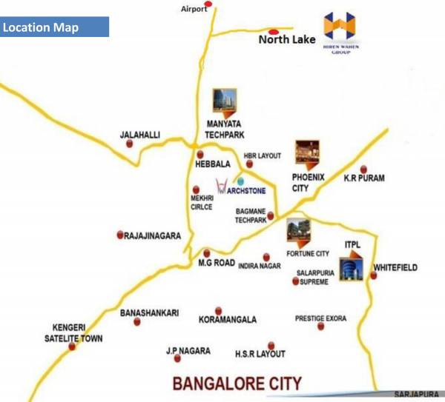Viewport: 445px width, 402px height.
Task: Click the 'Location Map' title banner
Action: (x=55, y=27)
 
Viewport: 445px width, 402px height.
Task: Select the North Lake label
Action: (x=286, y=39)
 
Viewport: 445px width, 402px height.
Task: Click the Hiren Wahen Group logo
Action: (x=340, y=32)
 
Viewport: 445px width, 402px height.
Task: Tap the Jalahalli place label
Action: (x=140, y=135)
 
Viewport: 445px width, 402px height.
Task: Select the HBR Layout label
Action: (x=263, y=156)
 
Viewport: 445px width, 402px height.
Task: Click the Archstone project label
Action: (x=245, y=190)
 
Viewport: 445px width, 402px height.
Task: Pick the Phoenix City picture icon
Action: (x=306, y=153)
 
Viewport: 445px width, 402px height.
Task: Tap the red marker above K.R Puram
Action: (x=363, y=169)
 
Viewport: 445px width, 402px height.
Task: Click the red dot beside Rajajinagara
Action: (x=120, y=235)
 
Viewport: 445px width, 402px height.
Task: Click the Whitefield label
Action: (x=395, y=267)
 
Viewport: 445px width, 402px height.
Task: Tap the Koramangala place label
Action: (x=228, y=320)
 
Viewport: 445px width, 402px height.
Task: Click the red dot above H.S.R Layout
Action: (x=271, y=345)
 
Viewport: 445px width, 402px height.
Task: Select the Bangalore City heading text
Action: (x=237, y=383)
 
